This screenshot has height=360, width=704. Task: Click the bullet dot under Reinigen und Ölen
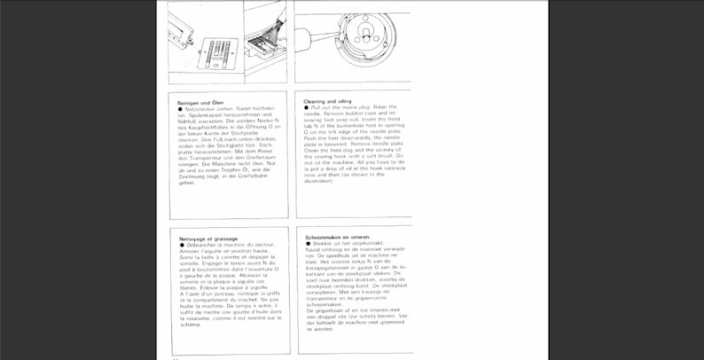182,109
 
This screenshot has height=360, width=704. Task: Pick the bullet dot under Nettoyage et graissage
182,245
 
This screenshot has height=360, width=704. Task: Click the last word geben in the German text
186,183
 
